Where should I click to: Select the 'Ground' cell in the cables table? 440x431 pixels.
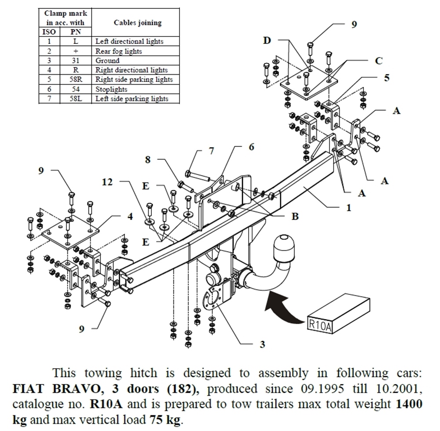[x=108, y=61]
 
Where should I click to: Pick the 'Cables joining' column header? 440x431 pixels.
[x=137, y=22]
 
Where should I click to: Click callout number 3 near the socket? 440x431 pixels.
[x=262, y=344]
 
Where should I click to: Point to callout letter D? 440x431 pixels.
[x=267, y=40]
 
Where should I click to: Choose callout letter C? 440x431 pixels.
[x=378, y=61]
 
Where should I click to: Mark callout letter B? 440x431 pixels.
[x=295, y=216]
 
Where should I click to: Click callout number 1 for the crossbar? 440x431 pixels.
[x=348, y=208]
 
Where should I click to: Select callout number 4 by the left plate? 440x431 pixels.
[x=130, y=216]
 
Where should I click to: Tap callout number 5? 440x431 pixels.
[x=386, y=78]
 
